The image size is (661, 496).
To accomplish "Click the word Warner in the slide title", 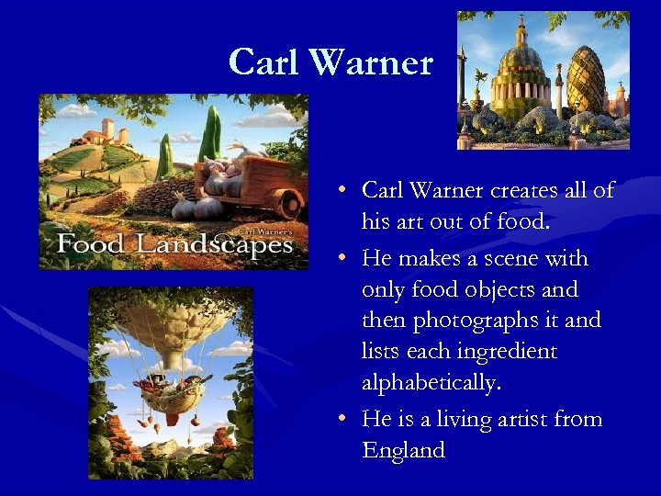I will [371, 62].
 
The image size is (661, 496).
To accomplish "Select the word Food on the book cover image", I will [90, 245].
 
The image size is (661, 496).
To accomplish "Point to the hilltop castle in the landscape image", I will [103, 133].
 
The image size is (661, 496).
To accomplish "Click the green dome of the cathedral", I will [519, 61].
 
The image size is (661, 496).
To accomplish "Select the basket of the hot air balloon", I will [171, 395].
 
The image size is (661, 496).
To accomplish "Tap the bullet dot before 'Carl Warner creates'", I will [341, 191].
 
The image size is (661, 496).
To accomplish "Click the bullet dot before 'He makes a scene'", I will [341, 259].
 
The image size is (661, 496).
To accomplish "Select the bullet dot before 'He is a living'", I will [341, 420].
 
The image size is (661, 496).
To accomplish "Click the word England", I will [404, 451].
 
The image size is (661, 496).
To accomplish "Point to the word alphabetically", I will [432, 383].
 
